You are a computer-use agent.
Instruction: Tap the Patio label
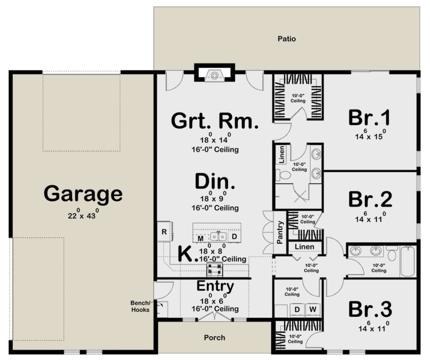coord(287,39)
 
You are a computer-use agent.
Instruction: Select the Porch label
coord(215,337)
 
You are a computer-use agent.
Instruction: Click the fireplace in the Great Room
coord(214,76)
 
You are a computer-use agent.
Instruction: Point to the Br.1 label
coord(370,118)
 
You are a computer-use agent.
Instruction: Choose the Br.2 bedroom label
coord(370,200)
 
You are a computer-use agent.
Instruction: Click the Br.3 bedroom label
coord(370,309)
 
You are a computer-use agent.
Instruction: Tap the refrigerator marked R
coord(164,231)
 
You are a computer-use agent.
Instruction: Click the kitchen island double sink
coord(218,236)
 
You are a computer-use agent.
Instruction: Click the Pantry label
coord(280,232)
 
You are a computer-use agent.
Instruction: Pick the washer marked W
coord(313,309)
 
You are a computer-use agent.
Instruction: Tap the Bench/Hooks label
coord(140,307)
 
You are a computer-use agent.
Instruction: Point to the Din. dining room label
coord(215,182)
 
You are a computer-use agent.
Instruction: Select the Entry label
coord(215,286)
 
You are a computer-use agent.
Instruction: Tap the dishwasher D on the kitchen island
coord(234,237)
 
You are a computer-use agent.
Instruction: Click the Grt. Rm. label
coord(215,121)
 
